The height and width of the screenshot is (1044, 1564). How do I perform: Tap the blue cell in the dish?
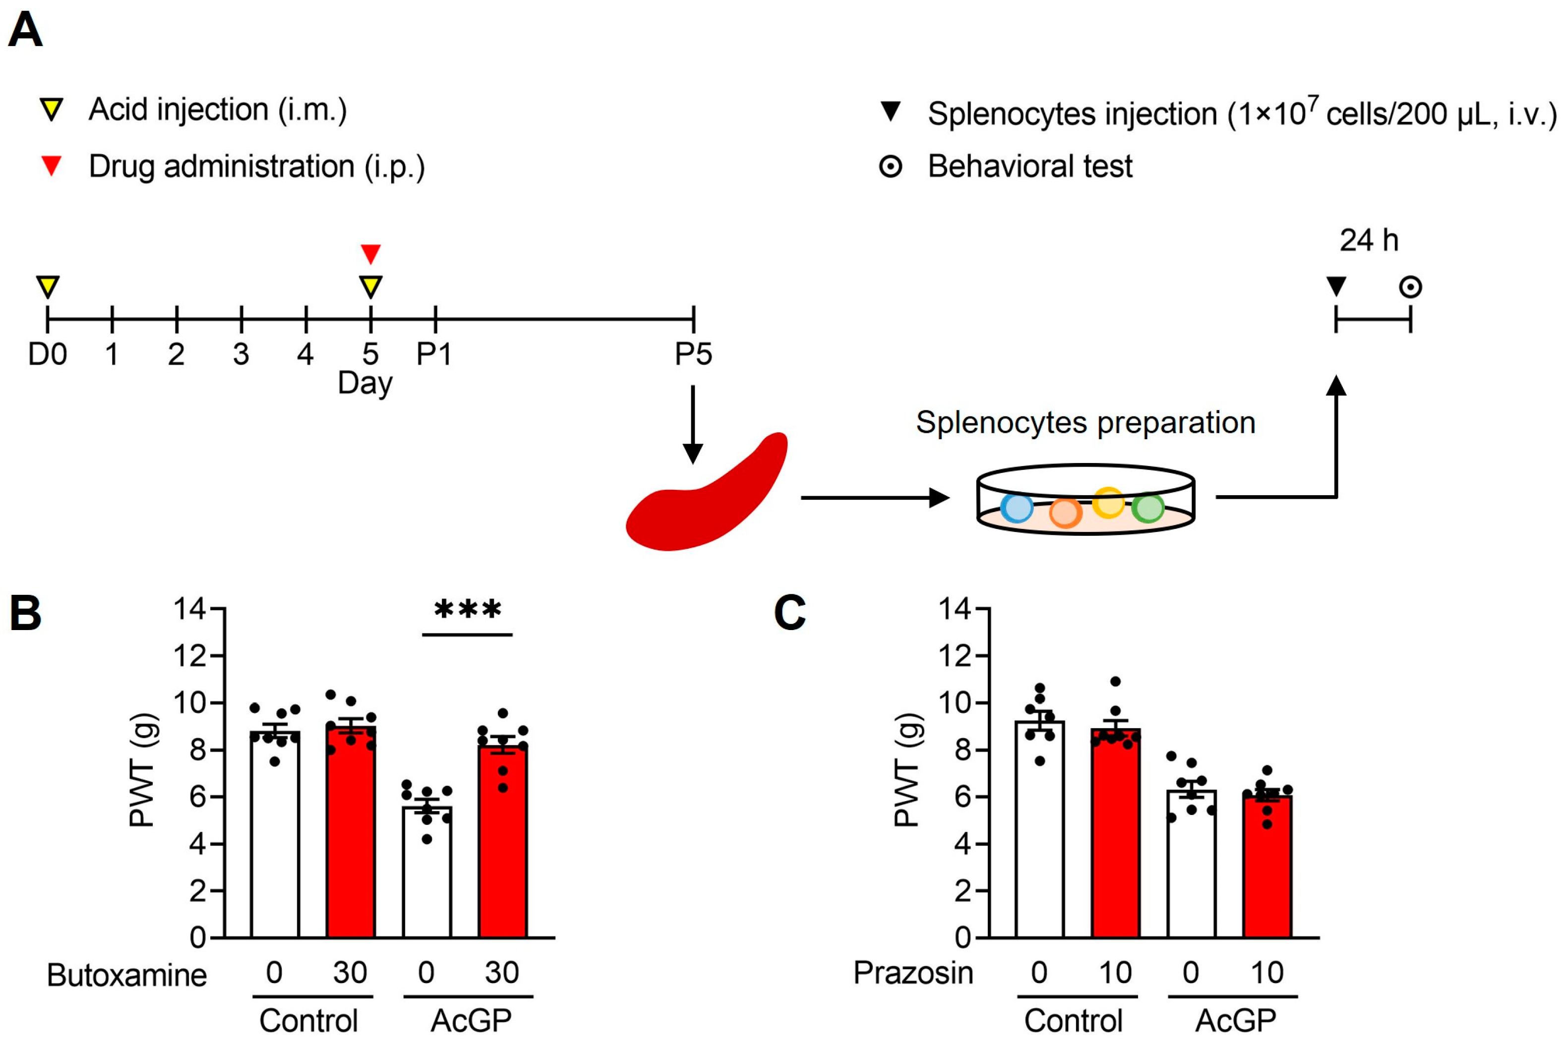pyautogui.click(x=1017, y=508)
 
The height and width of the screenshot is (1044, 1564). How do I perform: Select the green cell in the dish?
pyautogui.click(x=1148, y=508)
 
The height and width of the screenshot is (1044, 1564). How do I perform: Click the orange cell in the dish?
pyautogui.click(x=1065, y=513)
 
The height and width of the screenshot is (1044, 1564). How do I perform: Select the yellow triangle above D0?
pyautogui.click(x=47, y=287)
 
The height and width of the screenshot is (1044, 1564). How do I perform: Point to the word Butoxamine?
pyautogui.click(x=126, y=976)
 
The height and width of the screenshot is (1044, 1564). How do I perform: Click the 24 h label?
pyautogui.click(x=1369, y=240)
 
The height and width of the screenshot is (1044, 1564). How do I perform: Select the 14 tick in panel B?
pyautogui.click(x=189, y=609)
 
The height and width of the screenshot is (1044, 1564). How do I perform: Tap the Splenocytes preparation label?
pyautogui.click(x=1085, y=422)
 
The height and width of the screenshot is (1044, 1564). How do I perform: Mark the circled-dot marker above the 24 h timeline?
pyautogui.click(x=1410, y=287)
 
